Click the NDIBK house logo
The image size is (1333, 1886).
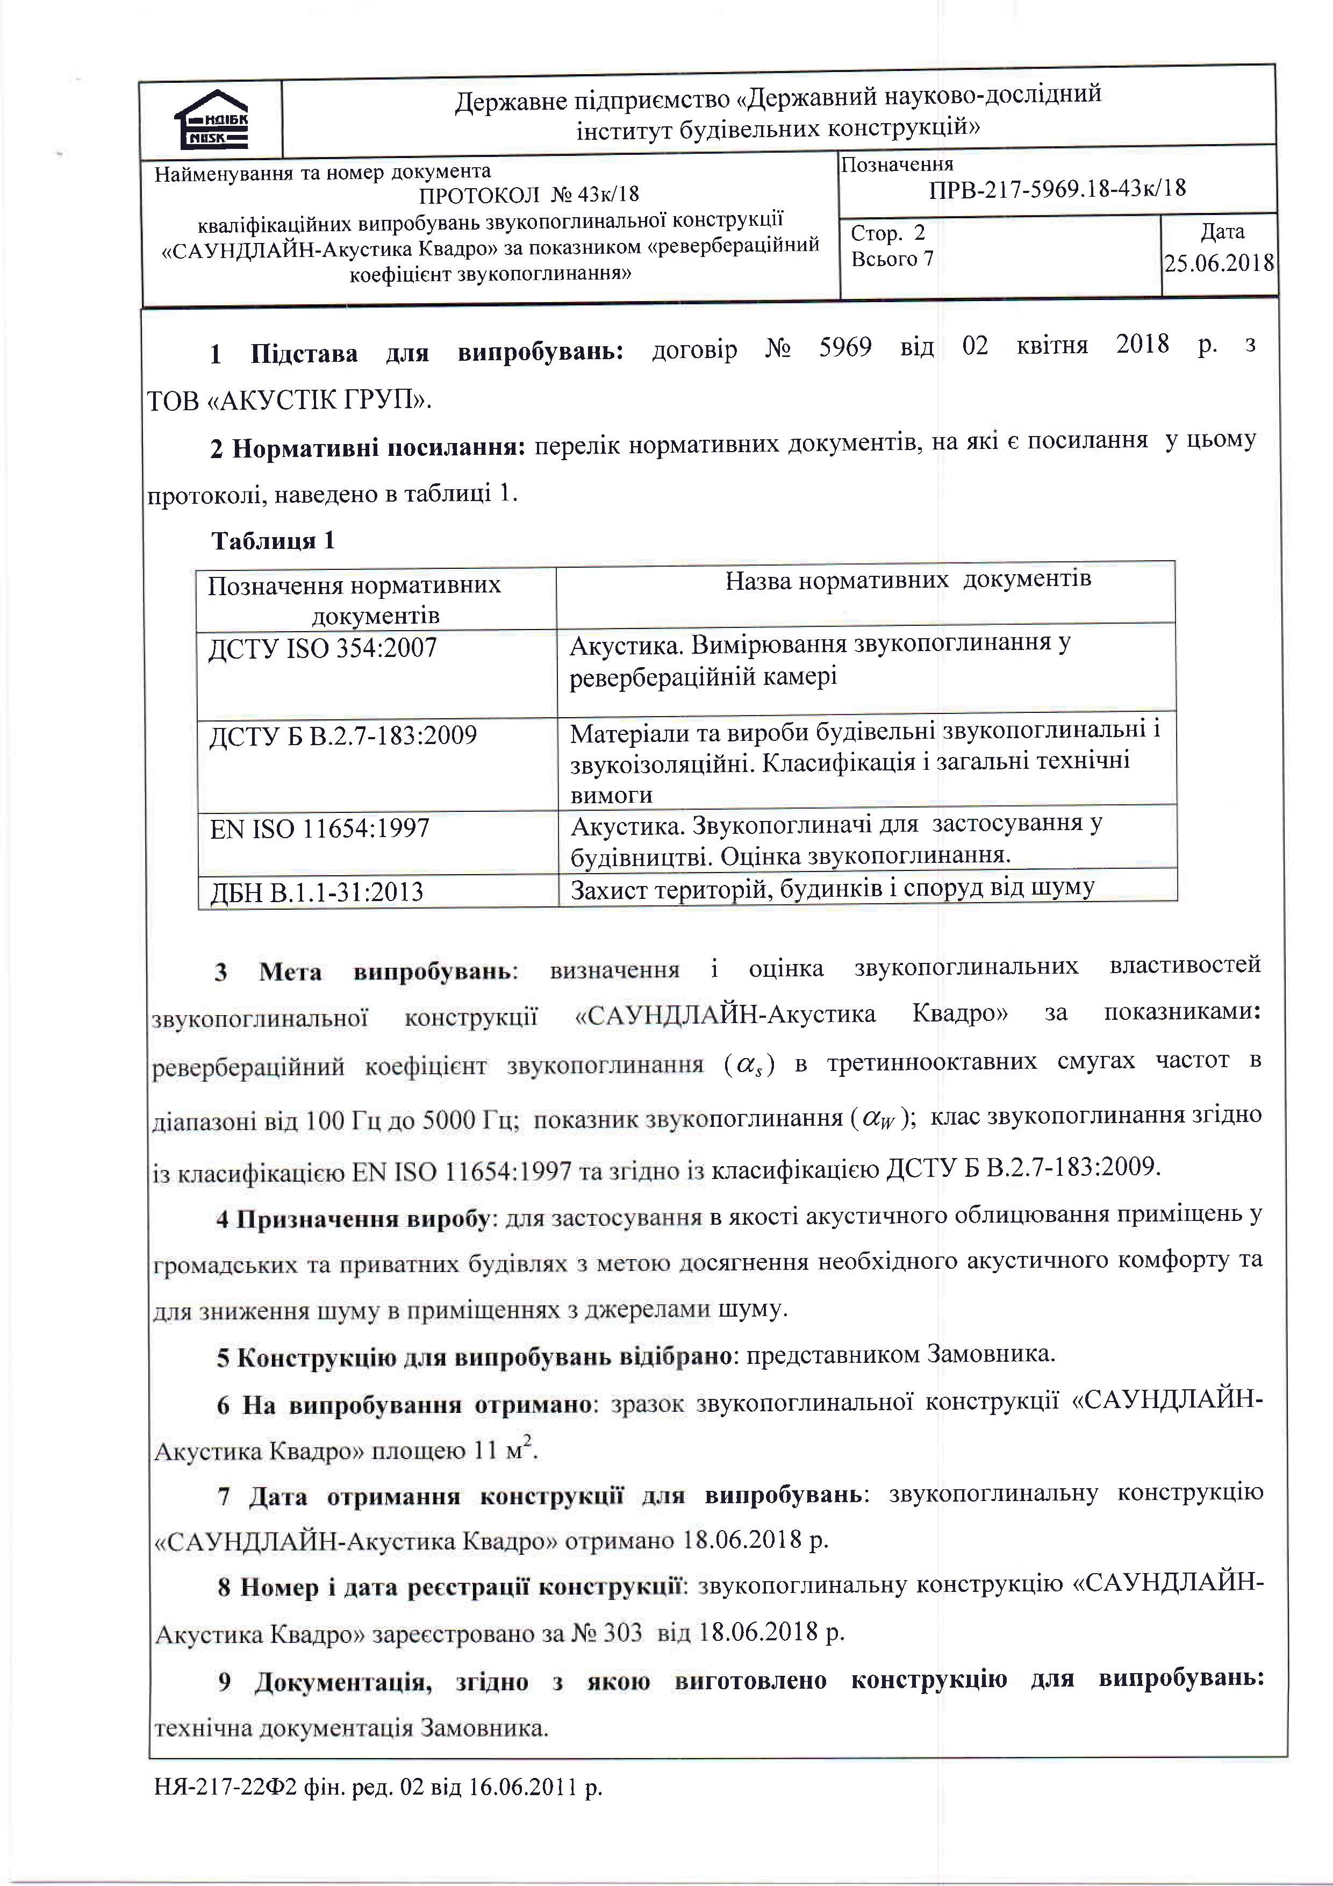click(211, 120)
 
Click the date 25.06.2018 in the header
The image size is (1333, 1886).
click(1219, 263)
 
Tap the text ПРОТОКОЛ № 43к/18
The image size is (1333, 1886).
click(528, 195)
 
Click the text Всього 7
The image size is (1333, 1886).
click(892, 260)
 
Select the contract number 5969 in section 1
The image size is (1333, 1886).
click(844, 347)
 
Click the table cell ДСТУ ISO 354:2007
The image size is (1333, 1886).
click(322, 648)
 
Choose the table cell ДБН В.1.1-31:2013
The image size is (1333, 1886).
click(316, 892)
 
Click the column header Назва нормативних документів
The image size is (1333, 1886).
click(907, 580)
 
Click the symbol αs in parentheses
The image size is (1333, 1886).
click(749, 1066)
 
